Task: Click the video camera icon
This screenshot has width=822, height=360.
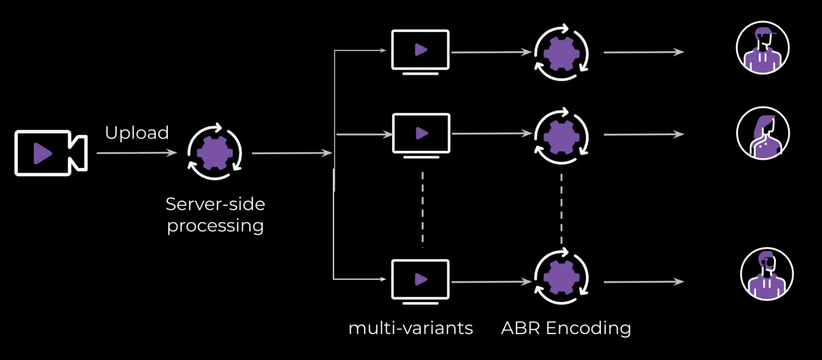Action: click(50, 153)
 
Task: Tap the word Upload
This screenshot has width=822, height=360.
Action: click(137, 133)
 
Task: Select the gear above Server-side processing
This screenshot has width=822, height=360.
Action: click(215, 152)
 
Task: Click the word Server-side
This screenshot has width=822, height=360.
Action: click(215, 204)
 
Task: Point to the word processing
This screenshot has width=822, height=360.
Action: click(215, 226)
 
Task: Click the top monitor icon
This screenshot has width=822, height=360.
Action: click(420, 51)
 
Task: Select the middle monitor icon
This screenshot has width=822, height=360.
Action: click(421, 134)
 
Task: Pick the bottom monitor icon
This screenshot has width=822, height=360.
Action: click(420, 280)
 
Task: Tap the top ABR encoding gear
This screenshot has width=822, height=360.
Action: click(561, 53)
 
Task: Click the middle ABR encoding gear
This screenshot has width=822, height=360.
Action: click(561, 136)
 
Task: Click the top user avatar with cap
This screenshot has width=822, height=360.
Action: click(762, 48)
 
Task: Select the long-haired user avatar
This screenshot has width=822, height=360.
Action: click(763, 133)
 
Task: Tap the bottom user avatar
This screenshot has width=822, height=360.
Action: click(766, 274)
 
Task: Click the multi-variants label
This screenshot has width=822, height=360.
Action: click(410, 328)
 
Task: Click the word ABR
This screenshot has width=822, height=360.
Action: click(520, 328)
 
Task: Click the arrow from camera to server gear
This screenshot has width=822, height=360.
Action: click(137, 153)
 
